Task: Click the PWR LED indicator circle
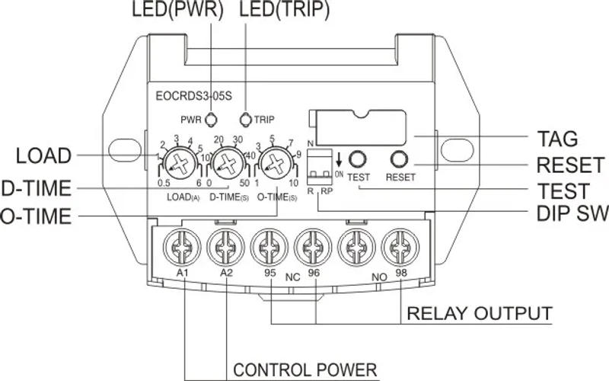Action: [x=212, y=120]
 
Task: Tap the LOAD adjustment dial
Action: [x=180, y=162]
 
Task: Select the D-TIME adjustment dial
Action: [x=226, y=162]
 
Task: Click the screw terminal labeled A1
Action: [x=181, y=246]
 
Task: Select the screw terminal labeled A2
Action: [x=225, y=246]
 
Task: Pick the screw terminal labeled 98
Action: [x=402, y=246]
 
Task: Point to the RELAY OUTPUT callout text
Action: [x=479, y=313]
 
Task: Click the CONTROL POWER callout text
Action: [x=304, y=370]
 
